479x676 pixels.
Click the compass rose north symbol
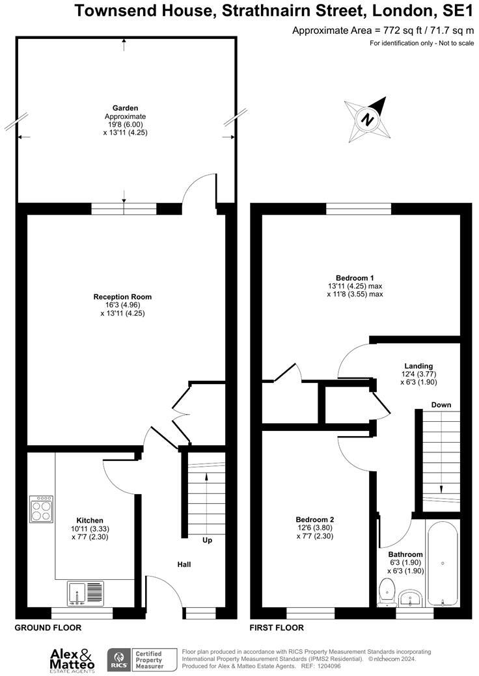click(368, 119)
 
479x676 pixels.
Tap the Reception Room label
click(122, 297)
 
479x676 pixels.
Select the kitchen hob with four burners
click(41, 509)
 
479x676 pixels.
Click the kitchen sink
click(85, 593)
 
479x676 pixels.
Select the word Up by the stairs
click(207, 540)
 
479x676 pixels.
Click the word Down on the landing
click(441, 405)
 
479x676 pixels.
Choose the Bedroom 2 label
click(315, 519)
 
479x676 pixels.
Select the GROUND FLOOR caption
click(48, 628)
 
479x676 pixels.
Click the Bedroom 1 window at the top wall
click(359, 209)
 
